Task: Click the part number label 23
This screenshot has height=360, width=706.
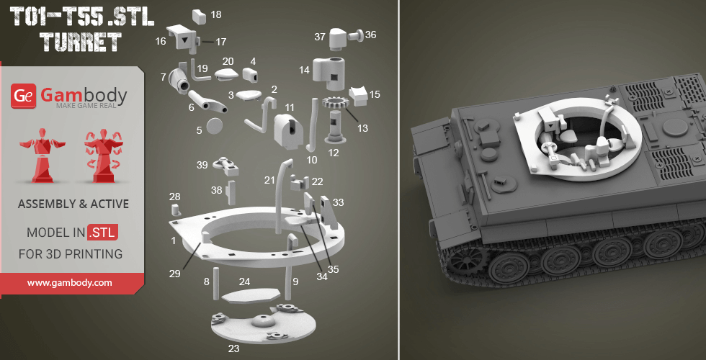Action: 233,348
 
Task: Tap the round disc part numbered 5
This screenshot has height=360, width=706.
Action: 215,126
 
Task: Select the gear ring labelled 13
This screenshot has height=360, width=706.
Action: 335,104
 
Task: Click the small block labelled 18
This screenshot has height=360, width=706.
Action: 199,16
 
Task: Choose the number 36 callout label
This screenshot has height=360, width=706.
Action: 370,35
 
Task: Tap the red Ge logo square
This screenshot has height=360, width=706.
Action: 24,96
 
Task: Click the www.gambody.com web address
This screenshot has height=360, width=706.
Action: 69,283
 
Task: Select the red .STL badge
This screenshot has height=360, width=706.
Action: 103,232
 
